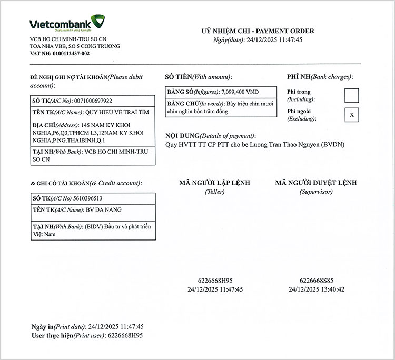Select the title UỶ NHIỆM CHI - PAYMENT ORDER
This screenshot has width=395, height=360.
(x=258, y=31)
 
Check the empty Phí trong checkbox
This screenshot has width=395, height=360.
(x=351, y=95)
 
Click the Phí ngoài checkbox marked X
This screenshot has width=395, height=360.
(x=351, y=115)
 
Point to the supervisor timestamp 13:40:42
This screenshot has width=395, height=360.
(x=333, y=289)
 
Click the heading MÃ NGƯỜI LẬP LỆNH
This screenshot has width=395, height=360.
(x=214, y=183)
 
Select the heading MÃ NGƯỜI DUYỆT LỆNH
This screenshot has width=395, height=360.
(x=315, y=183)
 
